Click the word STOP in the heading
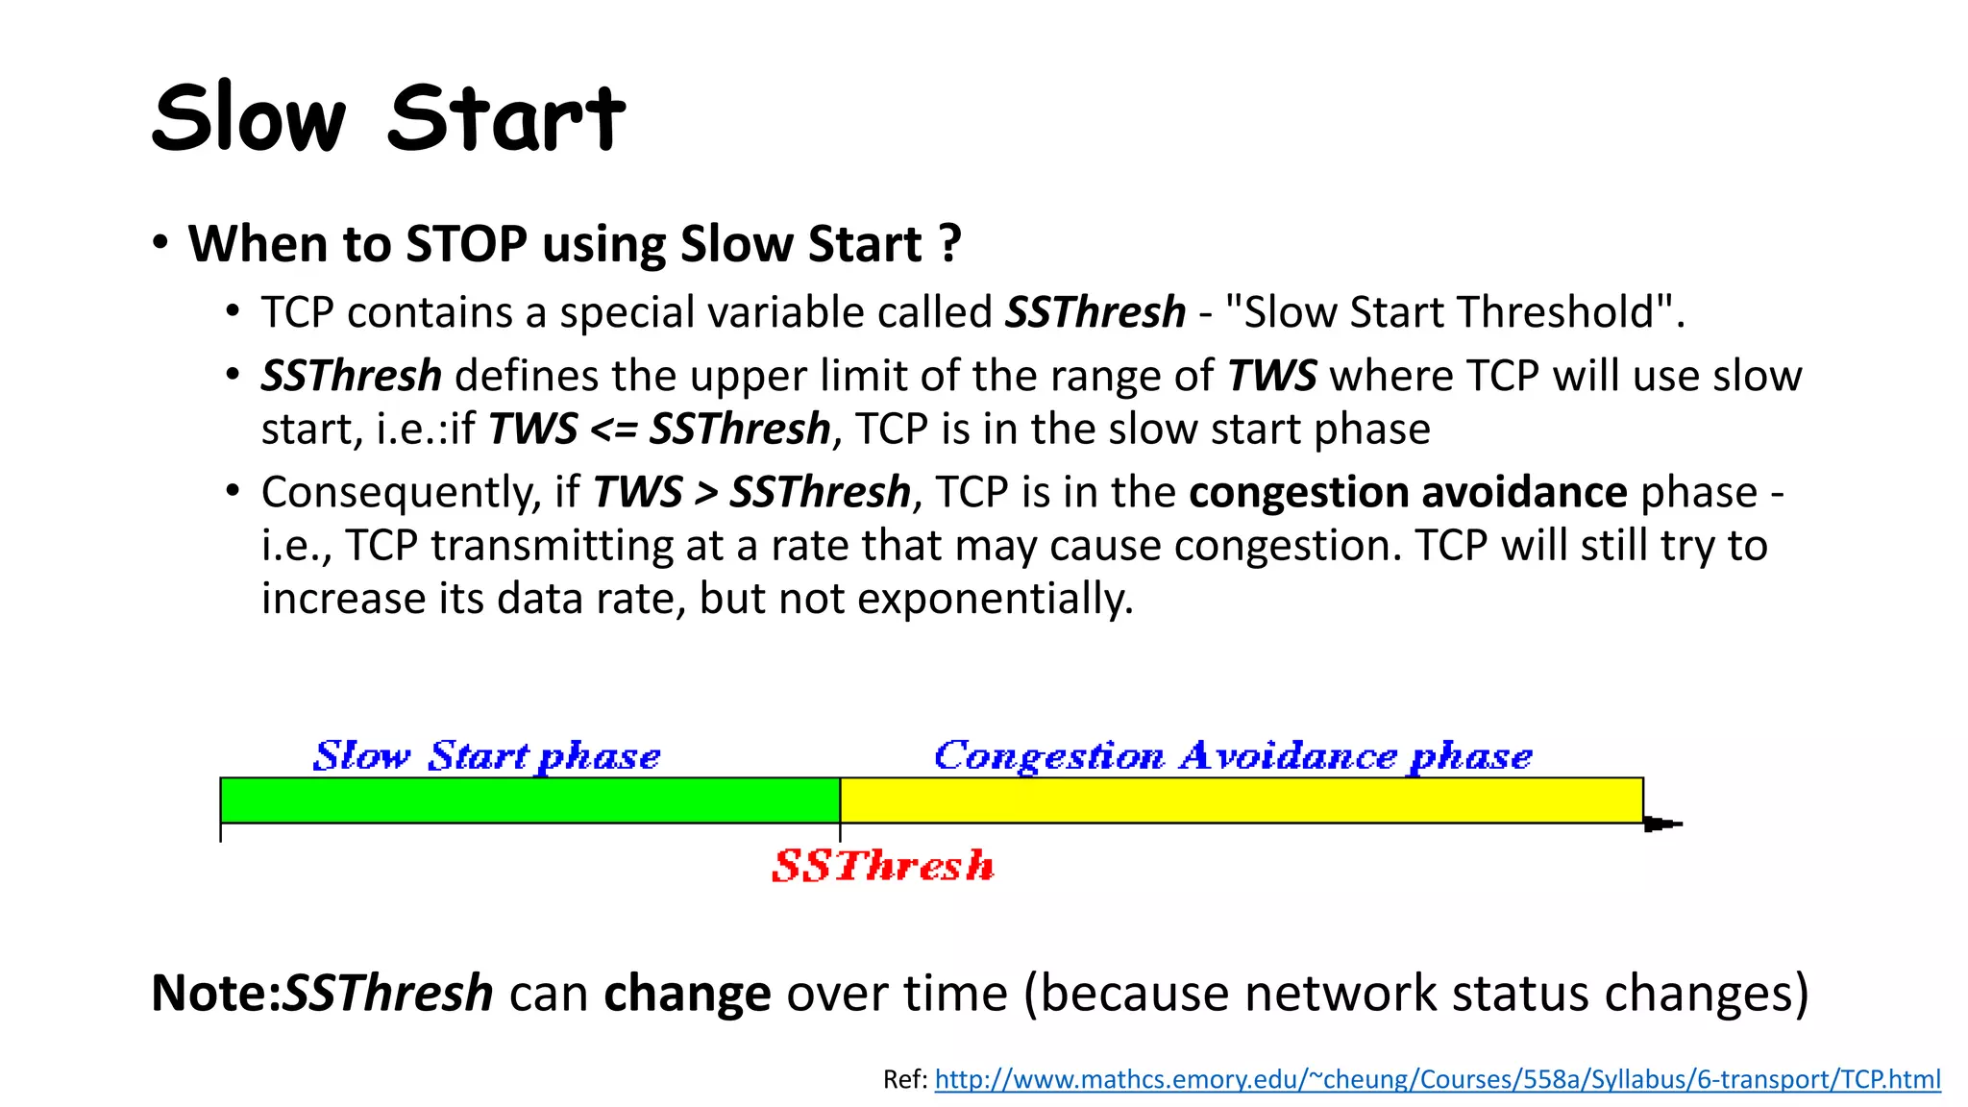point(466,244)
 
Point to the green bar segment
point(529,800)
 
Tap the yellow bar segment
point(1241,800)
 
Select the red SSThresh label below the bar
point(882,866)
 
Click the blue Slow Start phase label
point(486,756)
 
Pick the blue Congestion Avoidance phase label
point(1233,756)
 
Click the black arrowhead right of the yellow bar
point(1660,824)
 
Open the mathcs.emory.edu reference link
point(1437,1079)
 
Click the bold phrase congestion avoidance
point(1408,492)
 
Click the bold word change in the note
point(687,993)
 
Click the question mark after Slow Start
point(949,244)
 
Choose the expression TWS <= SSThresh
point(659,429)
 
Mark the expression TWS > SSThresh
point(751,492)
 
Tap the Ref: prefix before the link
point(904,1079)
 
